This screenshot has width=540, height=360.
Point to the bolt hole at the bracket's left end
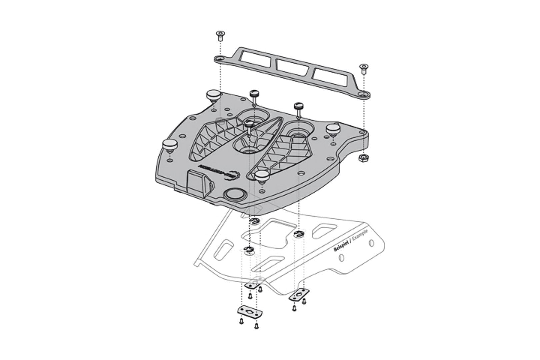point(220,59)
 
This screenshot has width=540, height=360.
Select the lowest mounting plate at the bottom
point(249,313)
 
